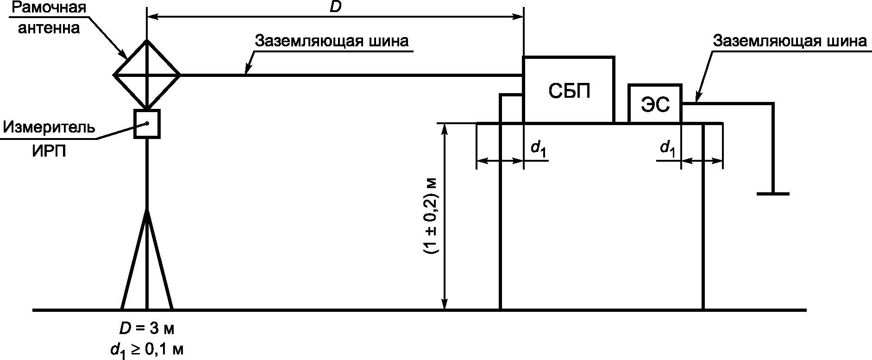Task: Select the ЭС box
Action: click(655, 104)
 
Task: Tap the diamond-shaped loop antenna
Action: click(147, 74)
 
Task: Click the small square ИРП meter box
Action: click(147, 124)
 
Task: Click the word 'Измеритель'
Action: click(49, 127)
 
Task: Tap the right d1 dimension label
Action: click(667, 148)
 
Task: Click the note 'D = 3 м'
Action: click(147, 330)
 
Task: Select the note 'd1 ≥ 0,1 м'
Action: click(147, 350)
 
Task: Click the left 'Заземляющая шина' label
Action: click(332, 41)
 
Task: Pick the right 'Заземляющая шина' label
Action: click(789, 41)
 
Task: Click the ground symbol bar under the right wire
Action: click(773, 194)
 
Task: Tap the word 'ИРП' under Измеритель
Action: click(49, 152)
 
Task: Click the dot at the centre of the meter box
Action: click(147, 123)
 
